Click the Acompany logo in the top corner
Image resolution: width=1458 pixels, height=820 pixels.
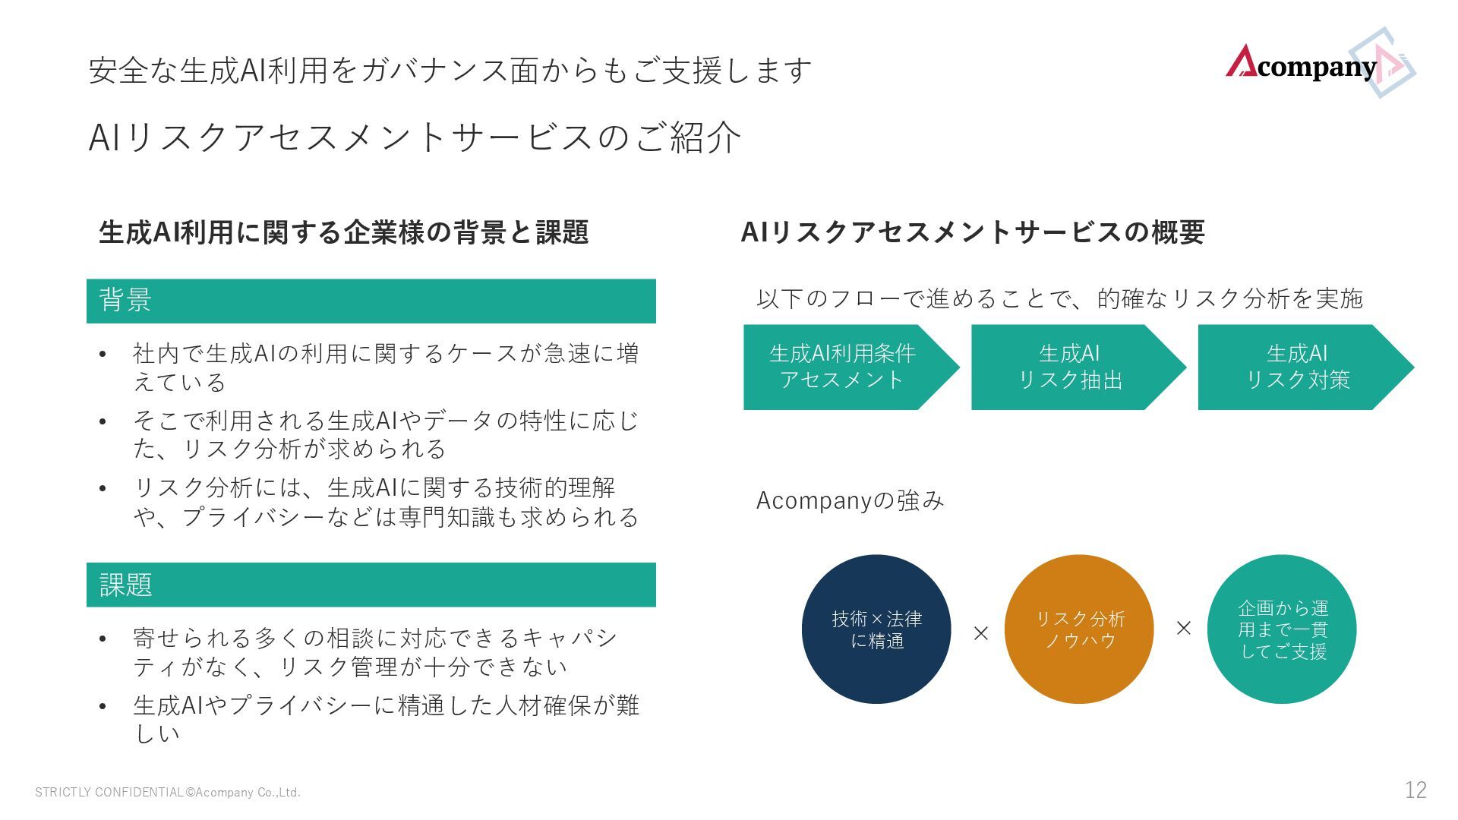click(1318, 65)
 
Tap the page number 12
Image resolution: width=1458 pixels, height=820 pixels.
click(1415, 790)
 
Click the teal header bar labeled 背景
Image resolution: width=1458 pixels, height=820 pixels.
click(371, 301)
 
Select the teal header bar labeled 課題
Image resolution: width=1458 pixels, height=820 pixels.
click(371, 585)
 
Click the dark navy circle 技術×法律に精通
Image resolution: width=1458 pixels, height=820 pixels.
click(876, 629)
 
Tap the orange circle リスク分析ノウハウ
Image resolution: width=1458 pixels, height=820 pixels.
click(1079, 629)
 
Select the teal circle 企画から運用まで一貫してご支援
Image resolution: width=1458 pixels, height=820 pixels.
click(1282, 629)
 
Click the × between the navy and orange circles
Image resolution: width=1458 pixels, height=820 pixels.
click(981, 633)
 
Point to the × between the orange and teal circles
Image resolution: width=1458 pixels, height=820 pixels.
click(1183, 628)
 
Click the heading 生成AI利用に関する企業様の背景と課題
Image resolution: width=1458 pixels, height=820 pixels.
click(343, 232)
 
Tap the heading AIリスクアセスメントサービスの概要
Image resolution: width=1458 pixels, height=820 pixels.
click(973, 232)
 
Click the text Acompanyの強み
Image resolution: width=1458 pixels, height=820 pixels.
click(850, 500)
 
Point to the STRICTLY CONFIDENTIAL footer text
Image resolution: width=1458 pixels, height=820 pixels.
click(168, 793)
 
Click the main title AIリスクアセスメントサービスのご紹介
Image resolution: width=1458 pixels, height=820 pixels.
click(415, 137)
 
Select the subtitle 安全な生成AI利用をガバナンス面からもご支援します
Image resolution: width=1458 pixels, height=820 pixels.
click(450, 71)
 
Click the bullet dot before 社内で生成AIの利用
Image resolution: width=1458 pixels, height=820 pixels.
click(103, 354)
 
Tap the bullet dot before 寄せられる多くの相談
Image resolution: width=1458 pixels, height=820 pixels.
click(103, 639)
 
